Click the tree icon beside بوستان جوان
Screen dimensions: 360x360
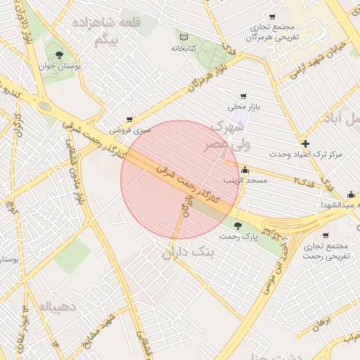[x=58, y=54]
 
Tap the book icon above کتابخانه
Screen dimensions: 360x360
[x=184, y=37]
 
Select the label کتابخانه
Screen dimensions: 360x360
[x=184, y=49]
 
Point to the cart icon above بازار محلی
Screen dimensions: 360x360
[x=243, y=96]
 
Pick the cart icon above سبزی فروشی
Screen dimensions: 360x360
[x=129, y=120]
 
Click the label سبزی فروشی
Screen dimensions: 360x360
[x=130, y=131]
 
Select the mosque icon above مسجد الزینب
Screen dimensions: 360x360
[x=245, y=169]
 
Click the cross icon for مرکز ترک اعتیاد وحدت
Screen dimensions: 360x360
[x=304, y=143]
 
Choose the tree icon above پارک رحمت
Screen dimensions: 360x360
[x=238, y=226]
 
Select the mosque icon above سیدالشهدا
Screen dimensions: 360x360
[x=351, y=194]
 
